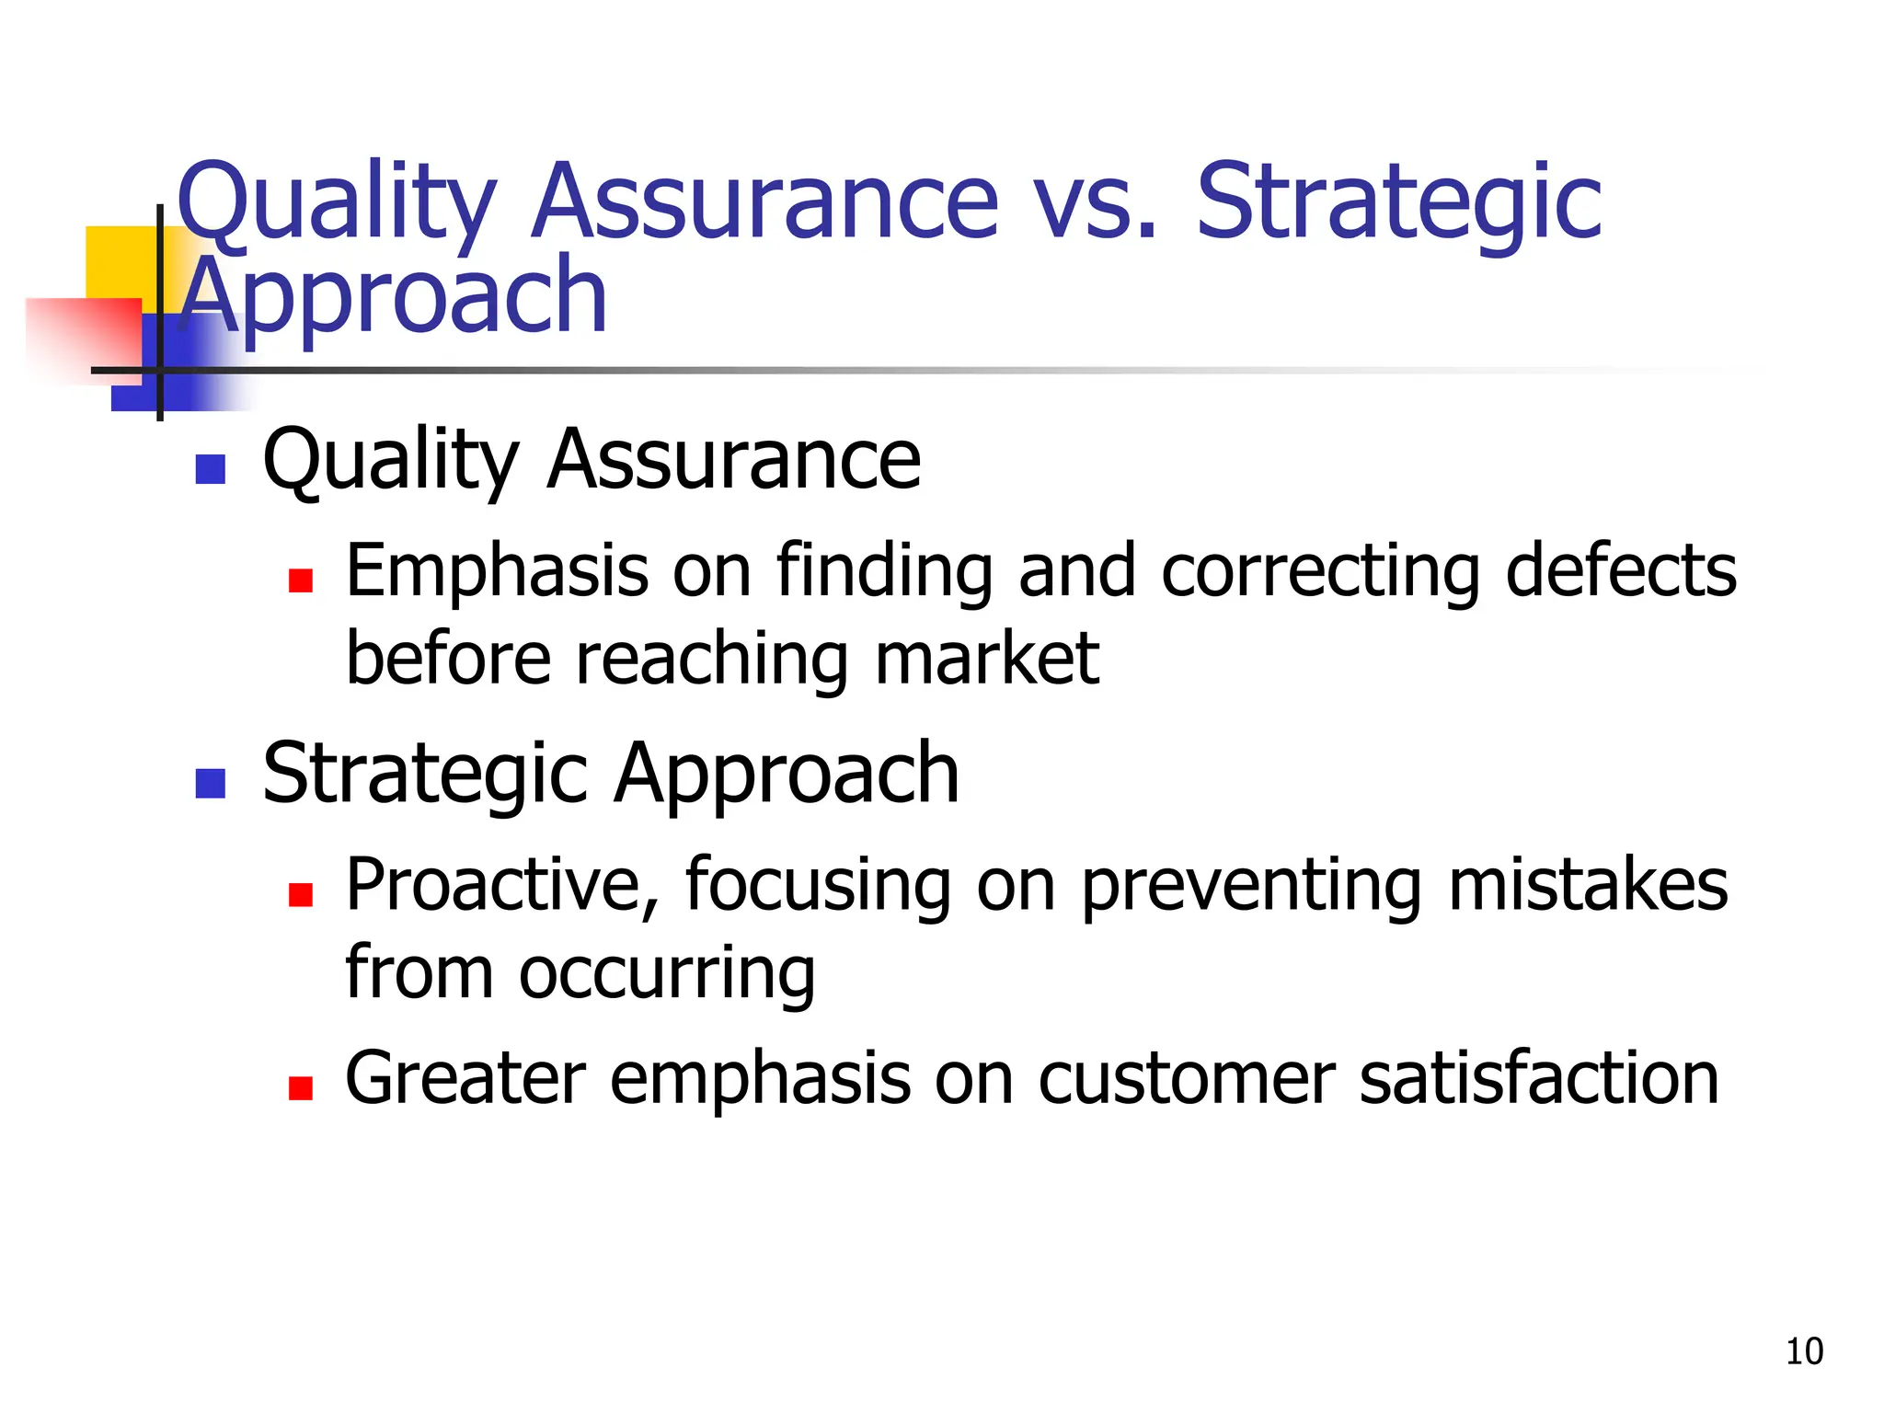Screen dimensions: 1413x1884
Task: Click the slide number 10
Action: tap(1804, 1351)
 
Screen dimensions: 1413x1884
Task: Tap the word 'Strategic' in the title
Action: tap(1398, 202)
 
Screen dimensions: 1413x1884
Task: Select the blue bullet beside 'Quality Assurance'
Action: tap(211, 469)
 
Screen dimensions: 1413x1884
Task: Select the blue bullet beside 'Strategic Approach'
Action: tap(211, 784)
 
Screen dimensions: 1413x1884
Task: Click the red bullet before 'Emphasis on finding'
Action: tap(301, 580)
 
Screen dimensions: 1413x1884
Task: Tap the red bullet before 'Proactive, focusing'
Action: tap(301, 894)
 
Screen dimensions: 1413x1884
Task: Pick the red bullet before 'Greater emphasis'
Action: tap(301, 1088)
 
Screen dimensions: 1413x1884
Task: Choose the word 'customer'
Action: tap(1187, 1079)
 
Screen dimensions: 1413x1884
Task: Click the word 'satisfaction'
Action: tap(1539, 1079)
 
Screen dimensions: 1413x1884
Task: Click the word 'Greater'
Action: tap(465, 1079)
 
